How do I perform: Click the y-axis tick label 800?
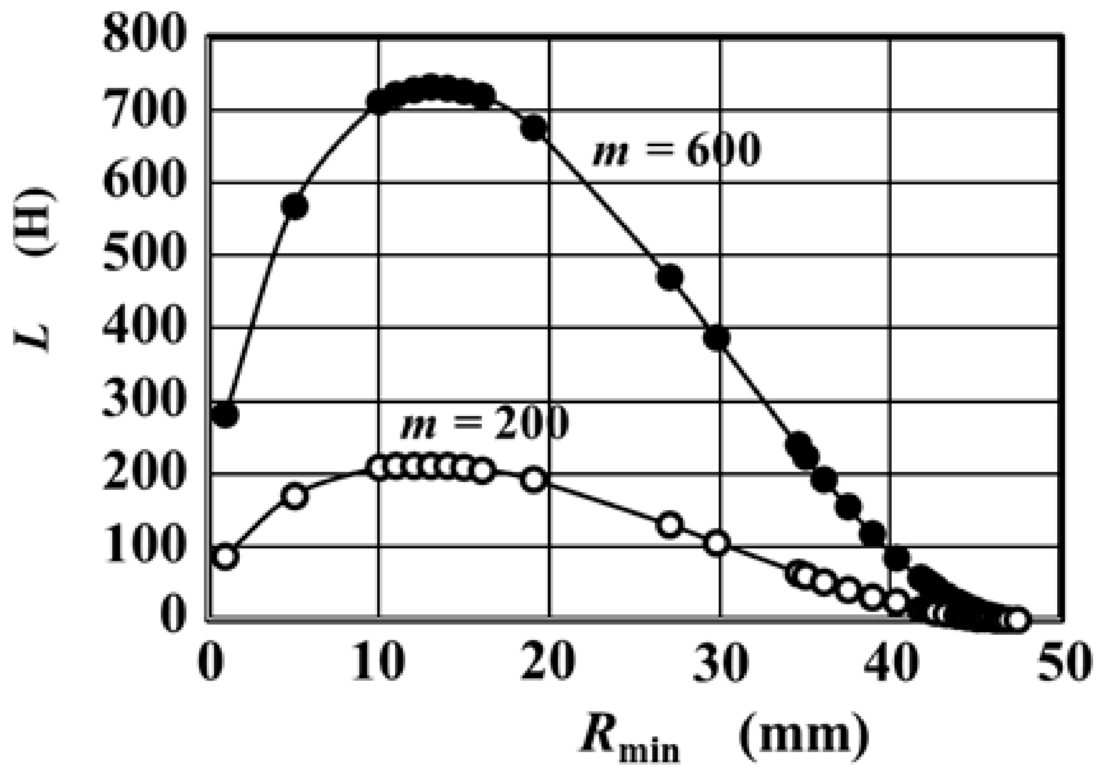coord(143,35)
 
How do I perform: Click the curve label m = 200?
coord(484,422)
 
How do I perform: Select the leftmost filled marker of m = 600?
coord(225,414)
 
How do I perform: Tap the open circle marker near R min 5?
coord(295,496)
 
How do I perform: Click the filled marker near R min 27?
coord(670,277)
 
